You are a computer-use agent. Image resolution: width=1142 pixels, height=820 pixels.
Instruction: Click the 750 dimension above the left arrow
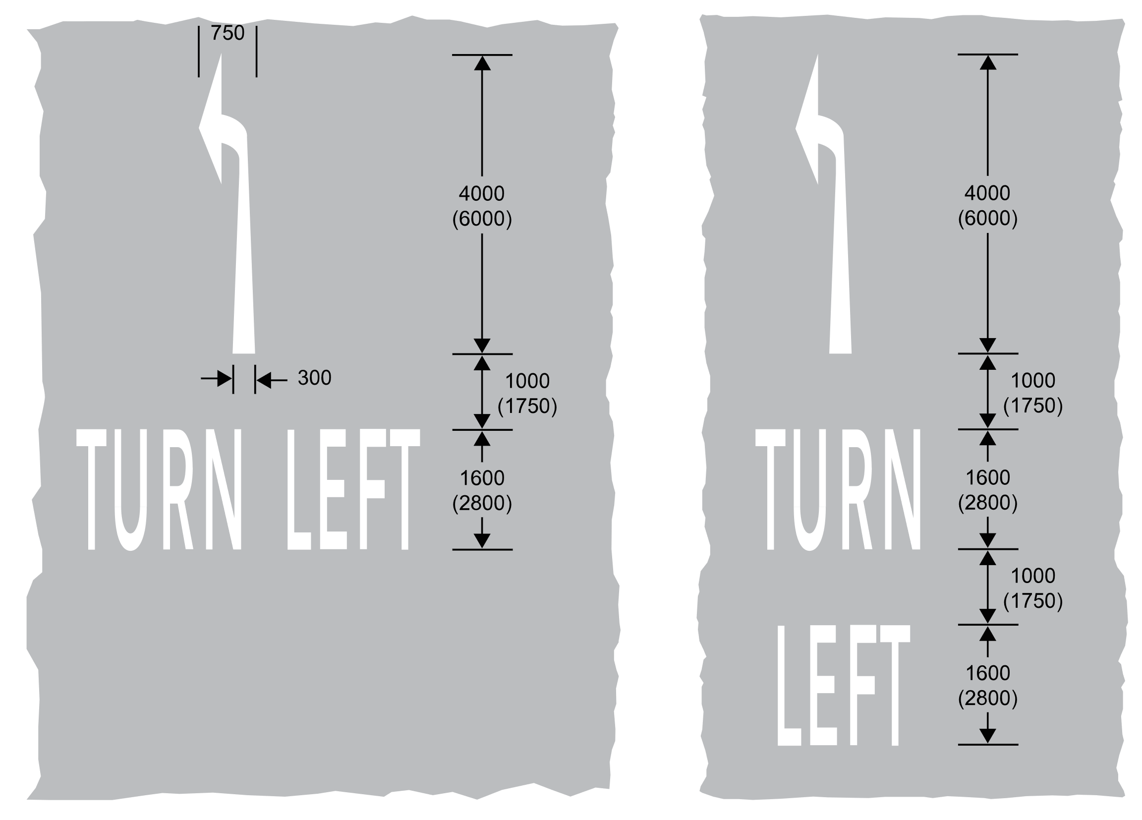coord(228,33)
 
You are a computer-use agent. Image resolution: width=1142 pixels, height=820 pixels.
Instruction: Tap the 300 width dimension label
coord(314,378)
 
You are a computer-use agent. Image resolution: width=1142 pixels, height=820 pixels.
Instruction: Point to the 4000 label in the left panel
coord(481,193)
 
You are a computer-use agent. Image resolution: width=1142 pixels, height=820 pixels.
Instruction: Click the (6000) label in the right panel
coord(987,219)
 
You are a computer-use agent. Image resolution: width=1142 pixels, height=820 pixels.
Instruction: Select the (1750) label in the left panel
coord(527,407)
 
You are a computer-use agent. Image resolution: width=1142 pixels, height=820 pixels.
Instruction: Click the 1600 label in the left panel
coord(482,478)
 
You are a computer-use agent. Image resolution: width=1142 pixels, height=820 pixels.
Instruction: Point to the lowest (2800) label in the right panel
coord(987,699)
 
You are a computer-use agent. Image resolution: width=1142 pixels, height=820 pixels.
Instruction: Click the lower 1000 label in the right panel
coord(1033,576)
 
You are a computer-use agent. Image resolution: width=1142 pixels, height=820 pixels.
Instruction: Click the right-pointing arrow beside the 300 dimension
coord(217,379)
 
